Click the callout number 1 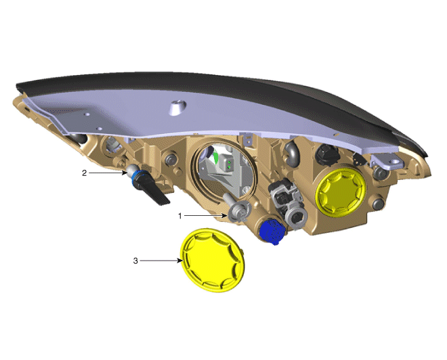(x=180, y=216)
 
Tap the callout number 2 (x=84, y=173)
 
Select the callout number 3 (x=135, y=261)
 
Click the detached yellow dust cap (x=213, y=260)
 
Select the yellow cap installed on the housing (x=341, y=192)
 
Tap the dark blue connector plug (x=272, y=231)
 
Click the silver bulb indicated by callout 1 (x=236, y=209)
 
